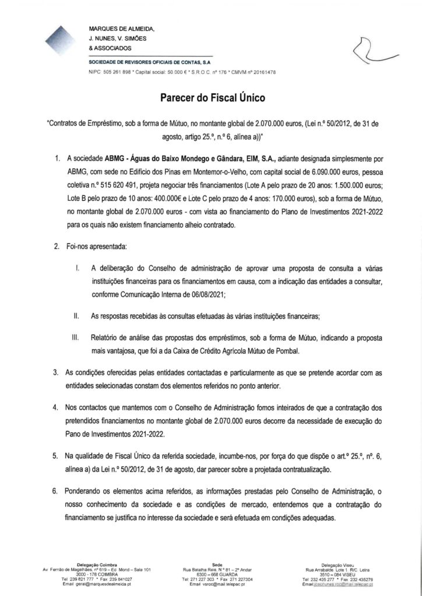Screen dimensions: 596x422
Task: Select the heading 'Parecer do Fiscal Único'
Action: coord(212,98)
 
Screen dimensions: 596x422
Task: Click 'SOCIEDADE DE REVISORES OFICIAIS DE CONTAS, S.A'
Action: coord(154,61)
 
